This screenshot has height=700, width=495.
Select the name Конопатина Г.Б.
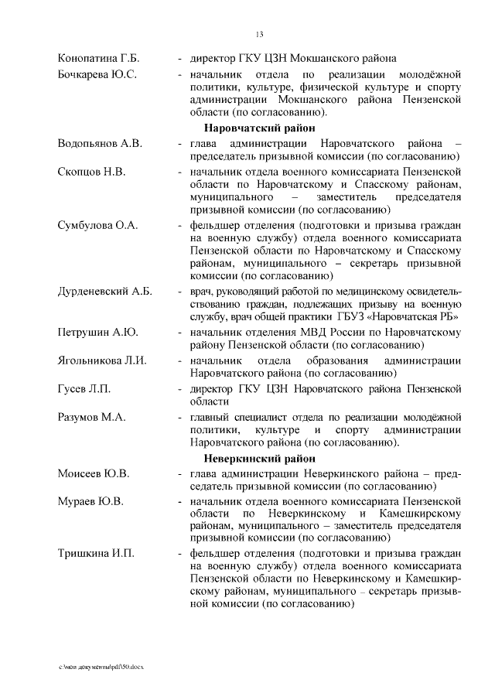pos(98,58)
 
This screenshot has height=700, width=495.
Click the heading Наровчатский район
pos(258,128)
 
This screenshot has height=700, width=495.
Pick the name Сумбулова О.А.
pos(97,224)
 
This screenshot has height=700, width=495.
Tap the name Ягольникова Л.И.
pos(102,360)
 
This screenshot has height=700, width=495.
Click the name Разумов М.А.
pos(93,416)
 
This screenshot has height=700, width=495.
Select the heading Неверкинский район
pos(259,458)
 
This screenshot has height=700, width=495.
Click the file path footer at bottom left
pos(101,665)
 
